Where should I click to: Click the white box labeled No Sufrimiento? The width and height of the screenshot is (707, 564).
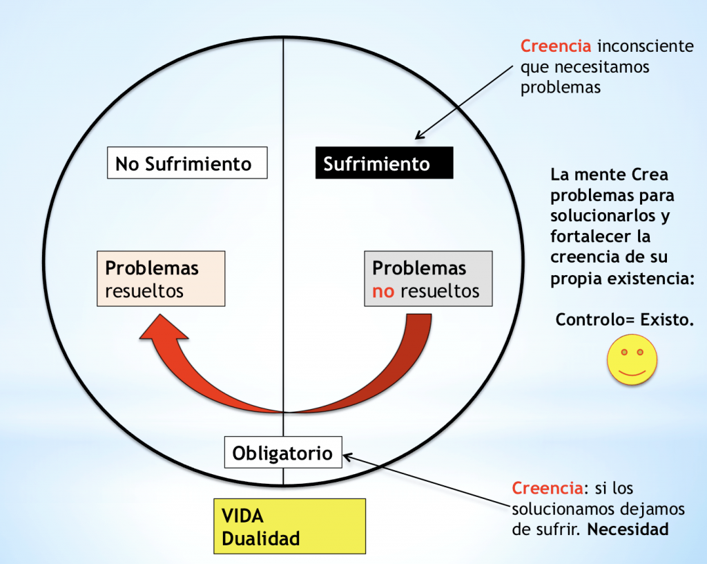187,163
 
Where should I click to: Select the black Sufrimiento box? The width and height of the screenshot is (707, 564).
384,163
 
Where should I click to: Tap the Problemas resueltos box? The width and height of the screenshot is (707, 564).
161,279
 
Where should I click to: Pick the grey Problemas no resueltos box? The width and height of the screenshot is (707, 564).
428,279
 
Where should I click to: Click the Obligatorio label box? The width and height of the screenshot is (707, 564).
283,452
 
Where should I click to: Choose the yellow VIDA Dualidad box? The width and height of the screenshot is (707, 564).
289,526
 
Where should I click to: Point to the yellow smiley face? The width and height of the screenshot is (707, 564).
632,359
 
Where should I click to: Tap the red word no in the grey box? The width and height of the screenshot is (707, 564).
383,292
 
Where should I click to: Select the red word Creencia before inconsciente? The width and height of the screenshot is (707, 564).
556,46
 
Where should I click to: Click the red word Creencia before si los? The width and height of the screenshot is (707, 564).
548,488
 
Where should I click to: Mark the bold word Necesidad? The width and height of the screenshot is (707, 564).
628,529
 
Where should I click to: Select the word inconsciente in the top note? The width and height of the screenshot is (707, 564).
646,46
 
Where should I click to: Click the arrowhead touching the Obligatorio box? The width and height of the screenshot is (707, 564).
348,457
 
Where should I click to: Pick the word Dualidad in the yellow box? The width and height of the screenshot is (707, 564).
260,538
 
